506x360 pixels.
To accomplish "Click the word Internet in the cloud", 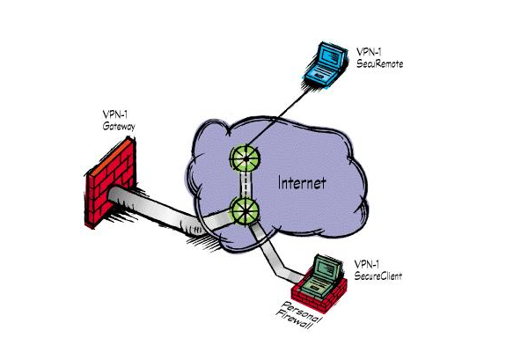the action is pyautogui.click(x=302, y=183).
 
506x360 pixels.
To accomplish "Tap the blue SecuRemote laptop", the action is pyautogui.click(x=326, y=64).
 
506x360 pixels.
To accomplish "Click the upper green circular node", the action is pyautogui.click(x=246, y=158).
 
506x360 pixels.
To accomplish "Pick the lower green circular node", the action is pyautogui.click(x=245, y=211).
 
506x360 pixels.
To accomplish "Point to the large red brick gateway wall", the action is pyautogui.click(x=110, y=182).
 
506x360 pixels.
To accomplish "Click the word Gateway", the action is pyautogui.click(x=119, y=126).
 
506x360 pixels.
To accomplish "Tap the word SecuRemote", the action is pyautogui.click(x=380, y=63).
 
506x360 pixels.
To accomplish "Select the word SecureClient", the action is pyautogui.click(x=378, y=276).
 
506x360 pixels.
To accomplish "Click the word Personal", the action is pyautogui.click(x=301, y=312).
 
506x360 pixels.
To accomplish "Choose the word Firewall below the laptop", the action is pyautogui.click(x=294, y=320).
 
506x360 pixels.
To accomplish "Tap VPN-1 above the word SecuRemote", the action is pyautogui.click(x=368, y=52).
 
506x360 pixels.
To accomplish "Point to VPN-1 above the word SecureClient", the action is pyautogui.click(x=366, y=264).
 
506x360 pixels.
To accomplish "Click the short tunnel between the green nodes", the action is pyautogui.click(x=245, y=185).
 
